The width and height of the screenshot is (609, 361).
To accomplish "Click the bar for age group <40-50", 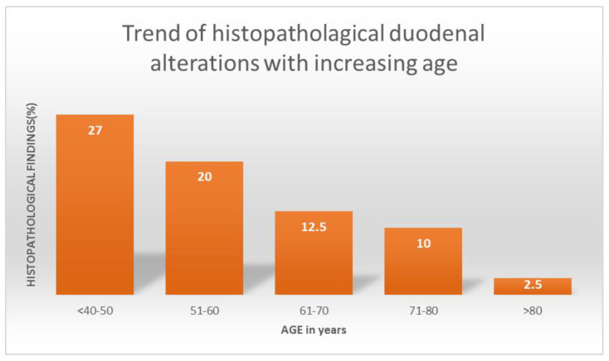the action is (95, 205).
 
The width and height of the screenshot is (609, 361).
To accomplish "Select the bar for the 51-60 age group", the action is (204, 228).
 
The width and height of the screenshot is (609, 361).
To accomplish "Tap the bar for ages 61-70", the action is (314, 253).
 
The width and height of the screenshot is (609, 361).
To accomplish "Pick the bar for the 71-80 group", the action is (423, 261).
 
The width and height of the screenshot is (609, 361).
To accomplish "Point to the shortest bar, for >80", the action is (533, 286).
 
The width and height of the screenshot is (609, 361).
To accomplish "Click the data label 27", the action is (95, 130).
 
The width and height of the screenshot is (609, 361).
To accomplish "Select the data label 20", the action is (205, 177).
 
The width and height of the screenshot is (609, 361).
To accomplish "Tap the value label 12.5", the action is (314, 227).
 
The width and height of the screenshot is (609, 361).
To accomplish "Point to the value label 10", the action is (423, 243).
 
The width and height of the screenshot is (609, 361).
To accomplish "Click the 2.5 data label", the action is (533, 285).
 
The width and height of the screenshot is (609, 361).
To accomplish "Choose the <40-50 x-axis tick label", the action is (95, 311).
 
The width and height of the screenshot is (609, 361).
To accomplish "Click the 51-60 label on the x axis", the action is (205, 311).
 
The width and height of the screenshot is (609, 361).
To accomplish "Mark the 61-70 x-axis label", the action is (314, 311).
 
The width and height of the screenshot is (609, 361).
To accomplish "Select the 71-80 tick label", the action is (423, 311).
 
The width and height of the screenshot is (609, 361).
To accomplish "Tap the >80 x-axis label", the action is (533, 311).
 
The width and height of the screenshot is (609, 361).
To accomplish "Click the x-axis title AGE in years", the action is (314, 330).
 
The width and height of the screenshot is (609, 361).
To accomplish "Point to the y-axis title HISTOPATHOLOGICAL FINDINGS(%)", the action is (31, 195).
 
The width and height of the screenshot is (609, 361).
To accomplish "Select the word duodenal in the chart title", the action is (436, 33).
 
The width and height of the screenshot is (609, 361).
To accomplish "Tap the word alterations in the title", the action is (205, 63).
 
